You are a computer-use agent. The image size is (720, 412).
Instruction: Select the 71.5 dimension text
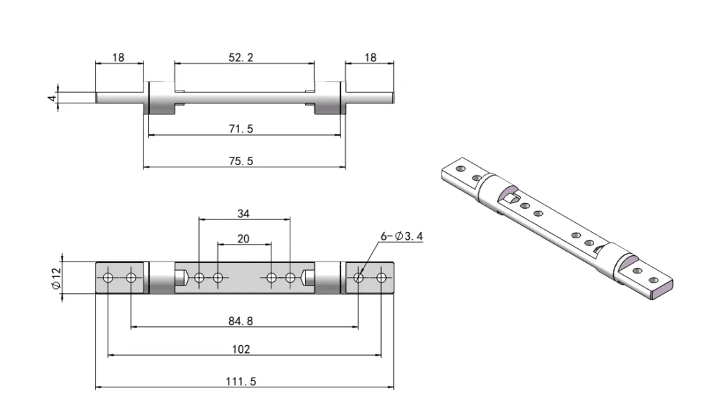241,129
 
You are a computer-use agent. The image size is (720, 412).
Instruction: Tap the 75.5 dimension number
241,161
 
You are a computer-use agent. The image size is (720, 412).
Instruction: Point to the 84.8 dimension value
241,321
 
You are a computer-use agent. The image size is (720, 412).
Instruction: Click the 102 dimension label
241,349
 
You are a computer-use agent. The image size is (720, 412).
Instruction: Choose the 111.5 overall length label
241,381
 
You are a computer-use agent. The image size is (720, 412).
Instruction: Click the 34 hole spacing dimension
243,213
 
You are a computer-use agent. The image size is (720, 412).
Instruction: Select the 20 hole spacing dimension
243,239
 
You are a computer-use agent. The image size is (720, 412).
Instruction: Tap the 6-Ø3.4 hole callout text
401,236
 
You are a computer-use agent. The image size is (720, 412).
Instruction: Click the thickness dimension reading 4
51,98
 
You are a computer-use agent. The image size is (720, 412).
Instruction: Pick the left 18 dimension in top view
119,57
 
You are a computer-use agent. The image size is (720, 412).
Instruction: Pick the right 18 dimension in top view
369,57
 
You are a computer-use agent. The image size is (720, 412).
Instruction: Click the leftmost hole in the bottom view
108,278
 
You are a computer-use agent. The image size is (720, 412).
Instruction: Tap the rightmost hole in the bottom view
381,278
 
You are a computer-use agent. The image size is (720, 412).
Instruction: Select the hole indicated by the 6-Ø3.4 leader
359,278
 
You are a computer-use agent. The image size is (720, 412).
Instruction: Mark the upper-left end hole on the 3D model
461,169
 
